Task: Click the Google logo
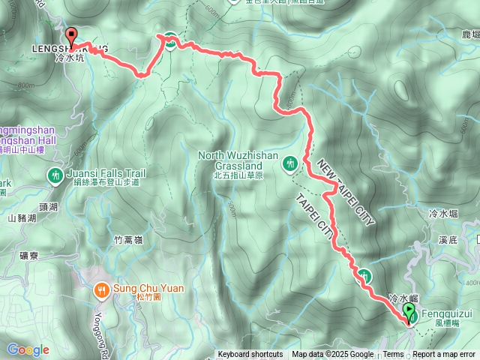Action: [x=28, y=349]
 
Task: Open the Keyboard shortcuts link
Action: [x=250, y=355]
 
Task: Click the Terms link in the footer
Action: [x=393, y=355]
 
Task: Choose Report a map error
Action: [x=445, y=355]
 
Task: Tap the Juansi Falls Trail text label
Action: [x=105, y=172]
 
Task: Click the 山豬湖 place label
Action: [x=22, y=219]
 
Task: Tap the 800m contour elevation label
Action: [x=25, y=85]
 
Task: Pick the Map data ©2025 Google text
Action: [x=332, y=355]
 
